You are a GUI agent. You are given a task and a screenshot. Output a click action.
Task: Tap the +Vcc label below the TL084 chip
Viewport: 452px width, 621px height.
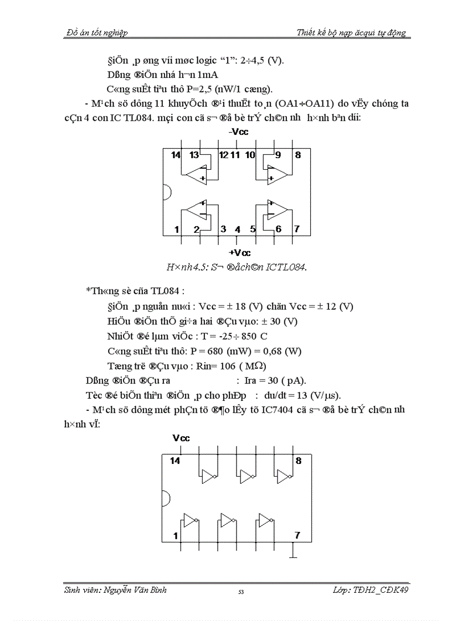pyautogui.click(x=239, y=253)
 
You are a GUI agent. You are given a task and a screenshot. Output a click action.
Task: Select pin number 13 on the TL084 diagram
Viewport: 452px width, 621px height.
pyautogui.click(x=194, y=155)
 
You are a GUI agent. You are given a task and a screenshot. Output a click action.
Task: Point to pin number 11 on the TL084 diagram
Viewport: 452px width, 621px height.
pyautogui.click(x=235, y=155)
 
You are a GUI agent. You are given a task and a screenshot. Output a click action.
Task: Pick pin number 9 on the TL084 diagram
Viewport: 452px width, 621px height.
pyautogui.click(x=278, y=155)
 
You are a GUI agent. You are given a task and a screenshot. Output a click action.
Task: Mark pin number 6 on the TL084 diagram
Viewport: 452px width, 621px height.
pyautogui.click(x=278, y=229)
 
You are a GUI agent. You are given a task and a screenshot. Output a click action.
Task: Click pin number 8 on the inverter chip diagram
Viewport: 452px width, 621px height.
pyautogui.click(x=299, y=461)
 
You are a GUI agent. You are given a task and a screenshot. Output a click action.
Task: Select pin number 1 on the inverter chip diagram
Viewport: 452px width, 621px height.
pyautogui.click(x=176, y=535)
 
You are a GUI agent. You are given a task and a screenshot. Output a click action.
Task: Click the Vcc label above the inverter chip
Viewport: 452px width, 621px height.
pyautogui.click(x=181, y=438)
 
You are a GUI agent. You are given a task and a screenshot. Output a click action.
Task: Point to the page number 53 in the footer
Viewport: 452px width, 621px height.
pyautogui.click(x=241, y=592)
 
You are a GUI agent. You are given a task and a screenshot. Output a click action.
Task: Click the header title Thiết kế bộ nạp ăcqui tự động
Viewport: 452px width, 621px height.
pyautogui.click(x=351, y=33)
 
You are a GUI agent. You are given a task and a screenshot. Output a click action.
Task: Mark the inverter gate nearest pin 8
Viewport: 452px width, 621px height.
pyautogui.click(x=284, y=476)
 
